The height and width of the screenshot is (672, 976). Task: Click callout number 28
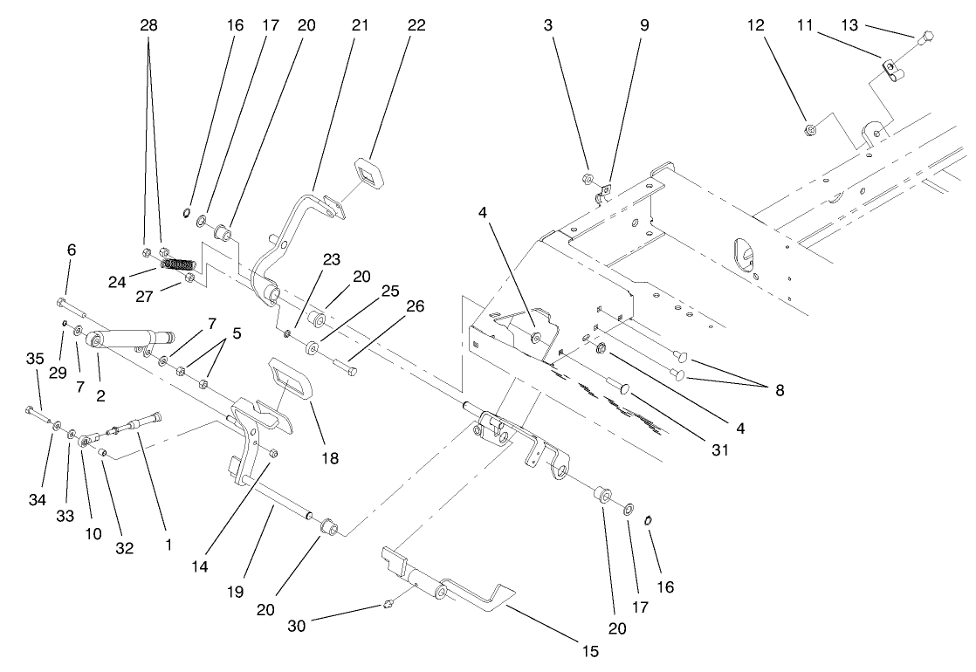[149, 25]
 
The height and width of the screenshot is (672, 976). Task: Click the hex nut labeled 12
[809, 131]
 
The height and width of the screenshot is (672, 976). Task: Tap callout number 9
[644, 25]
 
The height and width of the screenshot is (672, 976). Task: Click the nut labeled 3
[588, 180]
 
